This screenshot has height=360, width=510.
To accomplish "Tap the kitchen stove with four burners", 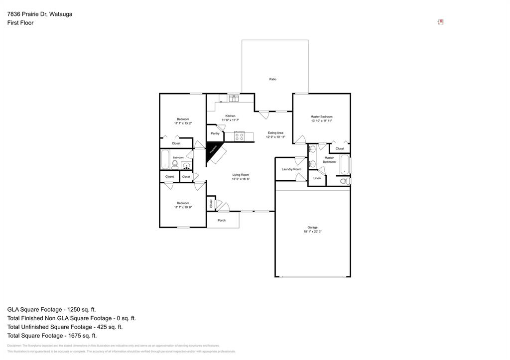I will click(239, 135).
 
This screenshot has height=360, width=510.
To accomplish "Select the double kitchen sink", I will click(234, 98).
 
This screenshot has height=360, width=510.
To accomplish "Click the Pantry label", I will click(215, 133).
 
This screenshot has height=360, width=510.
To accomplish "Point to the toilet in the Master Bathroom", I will click(344, 181).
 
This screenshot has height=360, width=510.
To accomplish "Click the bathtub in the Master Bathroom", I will click(345, 164).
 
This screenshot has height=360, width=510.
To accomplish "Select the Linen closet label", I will click(317, 178).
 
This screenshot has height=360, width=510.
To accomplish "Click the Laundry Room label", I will click(291, 169).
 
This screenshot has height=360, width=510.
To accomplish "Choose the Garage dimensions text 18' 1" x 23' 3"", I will click(312, 232).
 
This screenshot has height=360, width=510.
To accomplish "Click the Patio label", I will click(273, 79).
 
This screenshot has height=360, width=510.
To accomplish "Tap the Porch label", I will click(222, 220).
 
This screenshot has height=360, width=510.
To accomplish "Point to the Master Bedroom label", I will click(321, 117).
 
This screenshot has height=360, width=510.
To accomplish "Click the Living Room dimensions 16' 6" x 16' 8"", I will click(241, 179).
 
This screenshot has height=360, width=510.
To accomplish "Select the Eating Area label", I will click(275, 133).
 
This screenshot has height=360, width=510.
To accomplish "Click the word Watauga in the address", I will click(60, 14).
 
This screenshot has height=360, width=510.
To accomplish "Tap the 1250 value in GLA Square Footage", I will click(82, 309).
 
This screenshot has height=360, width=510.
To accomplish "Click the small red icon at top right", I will click(441, 22).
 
